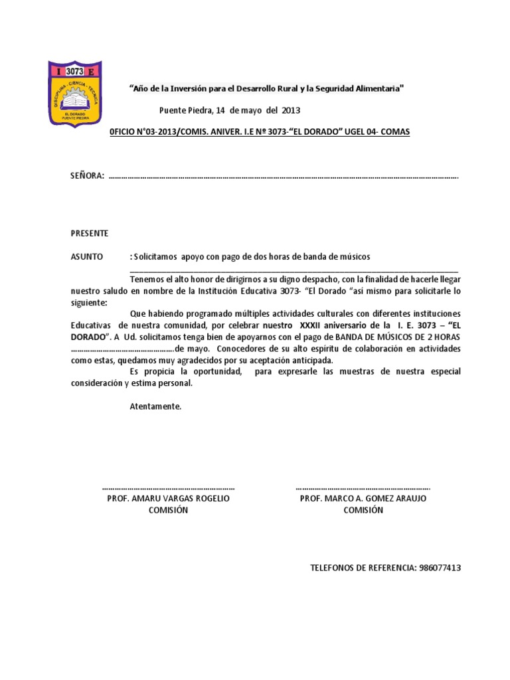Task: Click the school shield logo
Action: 76,94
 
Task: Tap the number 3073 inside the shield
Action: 76,70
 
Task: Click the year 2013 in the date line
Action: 292,110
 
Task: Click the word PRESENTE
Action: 90,234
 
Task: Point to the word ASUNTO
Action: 87,256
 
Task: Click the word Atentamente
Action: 155,406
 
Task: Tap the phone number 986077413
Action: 439,568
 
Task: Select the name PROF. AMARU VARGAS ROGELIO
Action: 169,498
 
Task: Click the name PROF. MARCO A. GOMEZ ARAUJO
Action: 363,498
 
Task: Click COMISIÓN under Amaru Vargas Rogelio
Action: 169,510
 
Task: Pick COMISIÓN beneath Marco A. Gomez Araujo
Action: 363,510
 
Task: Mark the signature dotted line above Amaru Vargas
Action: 169,487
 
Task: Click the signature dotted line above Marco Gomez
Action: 363,487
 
